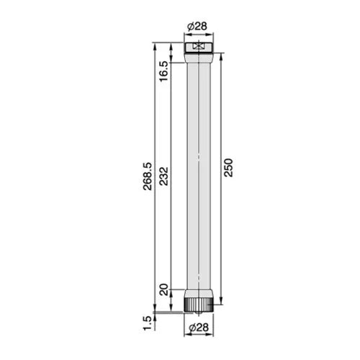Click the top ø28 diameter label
(x=199, y=27)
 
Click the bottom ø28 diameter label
(x=199, y=328)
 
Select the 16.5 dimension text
(x=163, y=70)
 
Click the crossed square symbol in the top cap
(x=199, y=47)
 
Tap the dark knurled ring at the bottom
(x=199, y=305)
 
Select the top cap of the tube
(x=199, y=47)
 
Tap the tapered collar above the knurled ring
(x=199, y=294)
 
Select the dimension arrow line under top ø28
(x=199, y=35)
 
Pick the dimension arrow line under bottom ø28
(x=199, y=320)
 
